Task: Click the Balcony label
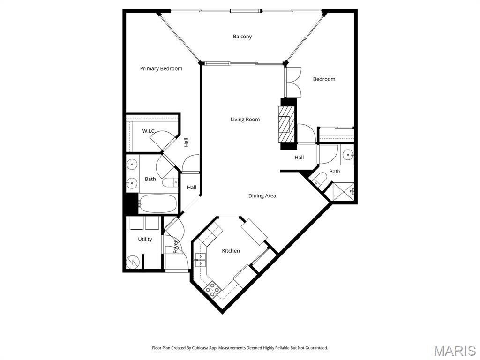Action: pos(242,37)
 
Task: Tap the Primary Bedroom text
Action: pos(161,69)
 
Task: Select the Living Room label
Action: pos(245,120)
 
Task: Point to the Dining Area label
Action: pos(262,196)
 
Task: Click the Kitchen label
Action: pos(231,251)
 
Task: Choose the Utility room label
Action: pos(145,240)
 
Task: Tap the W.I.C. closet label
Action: pos(149,131)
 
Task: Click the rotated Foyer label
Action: pos(176,247)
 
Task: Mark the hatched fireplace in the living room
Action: pos(285,124)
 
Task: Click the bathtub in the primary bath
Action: pos(158,204)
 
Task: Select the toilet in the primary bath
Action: pos(170,183)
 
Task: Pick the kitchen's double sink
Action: pos(200,260)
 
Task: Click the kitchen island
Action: pos(254,232)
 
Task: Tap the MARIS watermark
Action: pos(454,351)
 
